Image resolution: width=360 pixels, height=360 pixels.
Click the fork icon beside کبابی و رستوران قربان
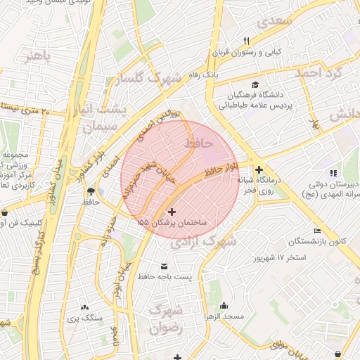point(246,40)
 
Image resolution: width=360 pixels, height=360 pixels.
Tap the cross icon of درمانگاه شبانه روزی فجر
point(259,169)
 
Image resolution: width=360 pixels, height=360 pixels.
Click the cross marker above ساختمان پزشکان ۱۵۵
point(172,211)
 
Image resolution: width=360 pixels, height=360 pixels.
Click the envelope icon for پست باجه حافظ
point(165,266)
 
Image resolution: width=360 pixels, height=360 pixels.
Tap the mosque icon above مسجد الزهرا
point(224,305)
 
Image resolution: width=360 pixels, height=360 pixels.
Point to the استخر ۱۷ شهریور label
point(280,258)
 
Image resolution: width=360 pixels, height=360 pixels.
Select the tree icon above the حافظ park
point(90,191)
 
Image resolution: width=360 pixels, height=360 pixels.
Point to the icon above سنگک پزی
point(84,307)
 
